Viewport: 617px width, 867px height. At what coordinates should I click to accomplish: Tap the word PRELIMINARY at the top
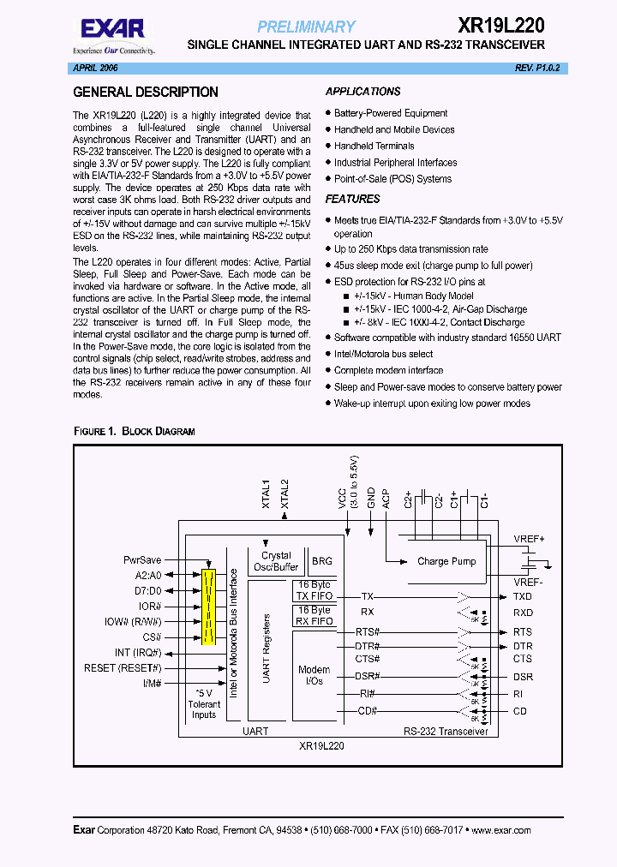click(x=306, y=27)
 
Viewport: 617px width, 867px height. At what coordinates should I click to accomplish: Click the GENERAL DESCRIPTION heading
click(x=146, y=92)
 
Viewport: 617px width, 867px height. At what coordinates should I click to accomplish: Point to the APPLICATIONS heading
click(x=363, y=92)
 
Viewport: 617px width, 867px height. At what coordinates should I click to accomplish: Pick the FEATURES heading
click(x=353, y=199)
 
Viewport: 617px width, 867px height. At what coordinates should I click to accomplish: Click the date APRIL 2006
click(x=93, y=67)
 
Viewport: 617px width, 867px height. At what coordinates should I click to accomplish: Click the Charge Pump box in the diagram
click(x=446, y=561)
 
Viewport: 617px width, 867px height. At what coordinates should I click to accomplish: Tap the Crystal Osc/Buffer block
click(x=275, y=561)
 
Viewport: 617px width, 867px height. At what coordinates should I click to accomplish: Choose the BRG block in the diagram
click(x=322, y=560)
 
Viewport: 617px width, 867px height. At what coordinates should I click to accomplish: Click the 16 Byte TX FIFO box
click(x=313, y=591)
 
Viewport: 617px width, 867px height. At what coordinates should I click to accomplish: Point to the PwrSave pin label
click(x=142, y=559)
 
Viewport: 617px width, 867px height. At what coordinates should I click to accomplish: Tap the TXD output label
click(x=522, y=596)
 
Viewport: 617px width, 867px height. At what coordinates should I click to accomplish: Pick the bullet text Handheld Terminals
click(x=374, y=146)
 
